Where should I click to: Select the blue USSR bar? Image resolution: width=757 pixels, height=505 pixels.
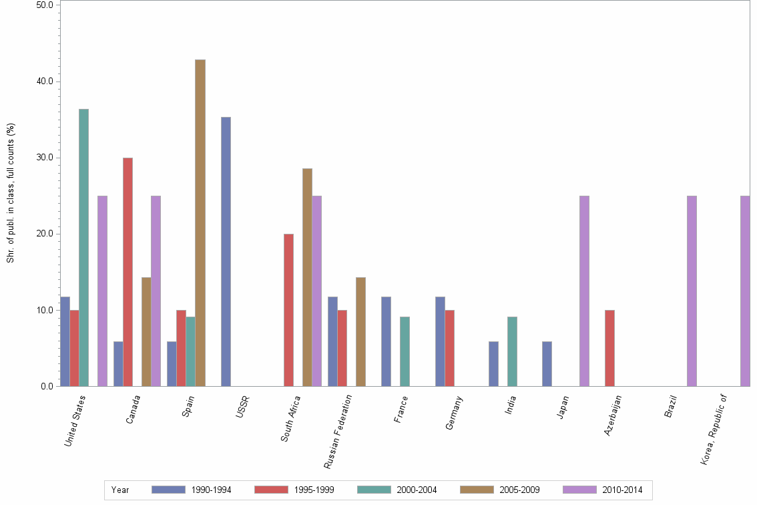226,251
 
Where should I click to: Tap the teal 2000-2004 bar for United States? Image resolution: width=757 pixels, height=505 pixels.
83,247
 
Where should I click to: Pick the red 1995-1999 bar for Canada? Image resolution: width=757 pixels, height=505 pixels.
128,272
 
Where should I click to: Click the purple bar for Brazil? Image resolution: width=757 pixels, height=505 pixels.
692,291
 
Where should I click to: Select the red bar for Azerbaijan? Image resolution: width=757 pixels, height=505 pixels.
609,348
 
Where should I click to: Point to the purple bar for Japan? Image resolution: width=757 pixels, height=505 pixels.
584,291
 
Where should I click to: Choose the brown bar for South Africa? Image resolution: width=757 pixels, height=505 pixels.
307,277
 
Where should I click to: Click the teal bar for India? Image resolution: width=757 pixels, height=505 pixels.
512,351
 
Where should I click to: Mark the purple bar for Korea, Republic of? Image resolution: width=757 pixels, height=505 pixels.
745,291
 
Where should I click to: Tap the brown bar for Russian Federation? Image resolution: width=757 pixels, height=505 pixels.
360,331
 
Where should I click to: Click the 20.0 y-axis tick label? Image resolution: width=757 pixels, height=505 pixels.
45,234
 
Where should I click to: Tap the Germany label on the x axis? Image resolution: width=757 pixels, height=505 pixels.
454,413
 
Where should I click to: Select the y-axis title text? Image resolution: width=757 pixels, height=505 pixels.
11,193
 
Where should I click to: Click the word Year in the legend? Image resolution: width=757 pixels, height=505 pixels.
121,490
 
